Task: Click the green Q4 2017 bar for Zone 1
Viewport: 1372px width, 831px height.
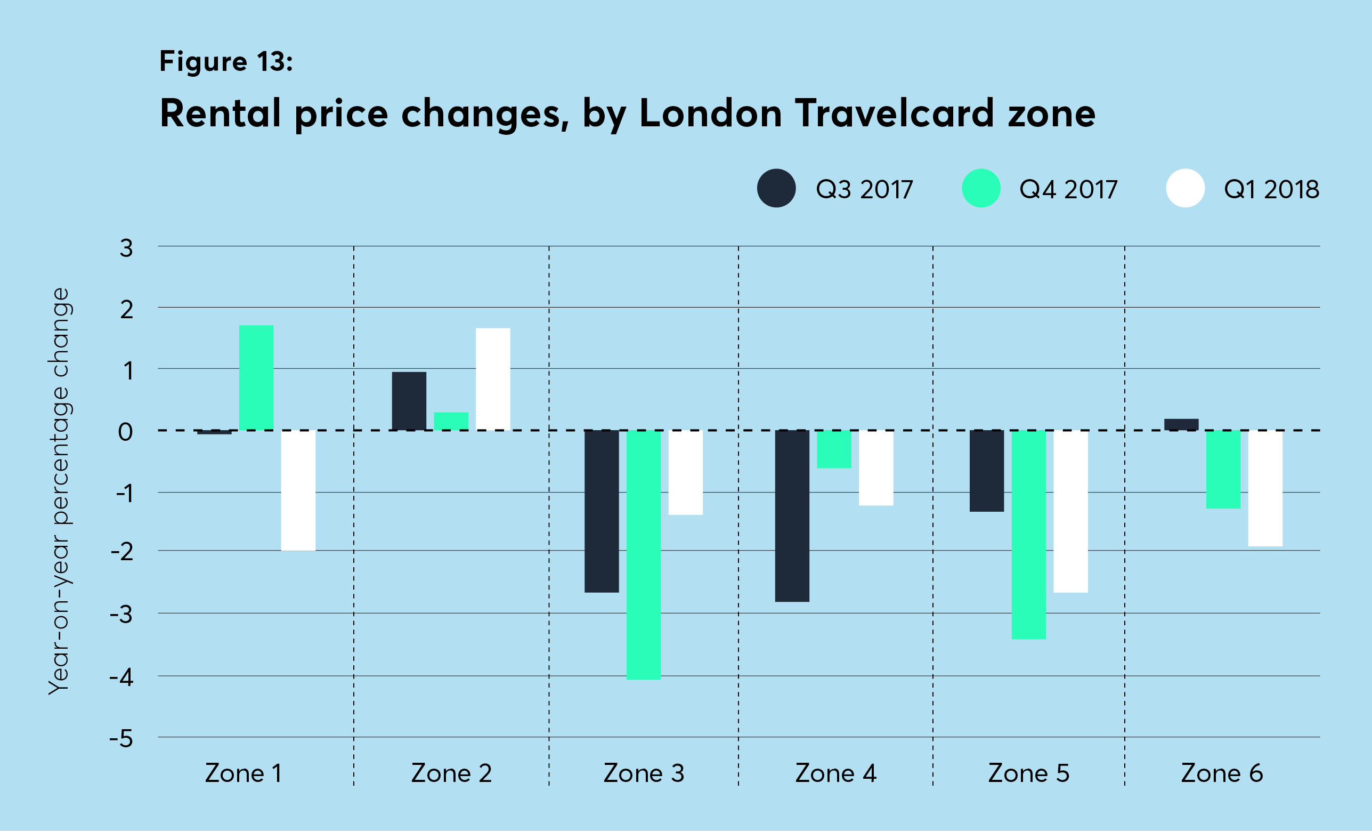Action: tap(256, 377)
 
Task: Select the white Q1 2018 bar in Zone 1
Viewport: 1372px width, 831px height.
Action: tap(298, 490)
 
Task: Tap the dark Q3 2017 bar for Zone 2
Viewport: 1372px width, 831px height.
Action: tap(409, 400)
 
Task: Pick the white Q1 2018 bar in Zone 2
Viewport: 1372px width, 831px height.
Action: tap(493, 379)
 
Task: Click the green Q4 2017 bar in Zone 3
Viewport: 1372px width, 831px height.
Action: tap(644, 554)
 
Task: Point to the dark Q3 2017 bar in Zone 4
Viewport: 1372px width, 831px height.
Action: tap(792, 516)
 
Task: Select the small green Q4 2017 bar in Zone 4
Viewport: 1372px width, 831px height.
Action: tap(834, 449)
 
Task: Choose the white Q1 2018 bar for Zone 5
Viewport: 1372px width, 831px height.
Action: tap(1071, 511)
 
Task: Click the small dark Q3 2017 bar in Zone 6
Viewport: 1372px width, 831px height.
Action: tap(1181, 424)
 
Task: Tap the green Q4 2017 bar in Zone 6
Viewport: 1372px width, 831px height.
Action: tap(1223, 469)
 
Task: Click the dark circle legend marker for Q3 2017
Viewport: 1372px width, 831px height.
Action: tap(776, 188)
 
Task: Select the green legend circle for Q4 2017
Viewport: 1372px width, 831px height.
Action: tap(981, 188)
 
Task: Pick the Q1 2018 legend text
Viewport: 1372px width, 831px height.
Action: tap(1271, 189)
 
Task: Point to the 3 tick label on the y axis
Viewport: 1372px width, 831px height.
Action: tap(126, 248)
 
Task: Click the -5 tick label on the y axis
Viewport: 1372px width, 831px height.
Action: tap(121, 739)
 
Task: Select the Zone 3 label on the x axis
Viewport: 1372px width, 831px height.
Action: tap(644, 773)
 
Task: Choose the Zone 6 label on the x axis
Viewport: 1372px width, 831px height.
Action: tap(1222, 773)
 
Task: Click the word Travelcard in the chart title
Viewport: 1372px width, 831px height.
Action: tap(894, 113)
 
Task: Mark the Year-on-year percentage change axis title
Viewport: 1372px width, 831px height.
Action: tap(59, 491)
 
